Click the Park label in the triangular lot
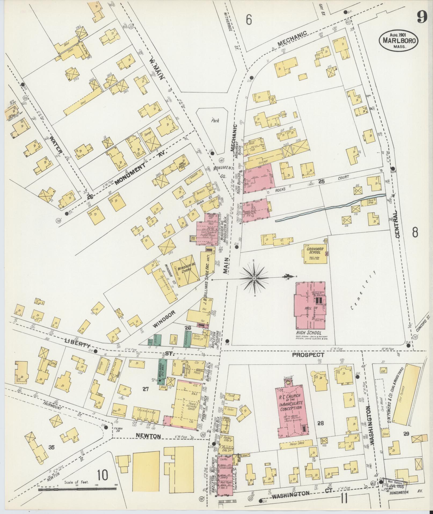click(215, 121)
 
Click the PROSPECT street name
click(308, 355)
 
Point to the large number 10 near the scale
click(103, 475)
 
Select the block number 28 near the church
click(320, 423)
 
